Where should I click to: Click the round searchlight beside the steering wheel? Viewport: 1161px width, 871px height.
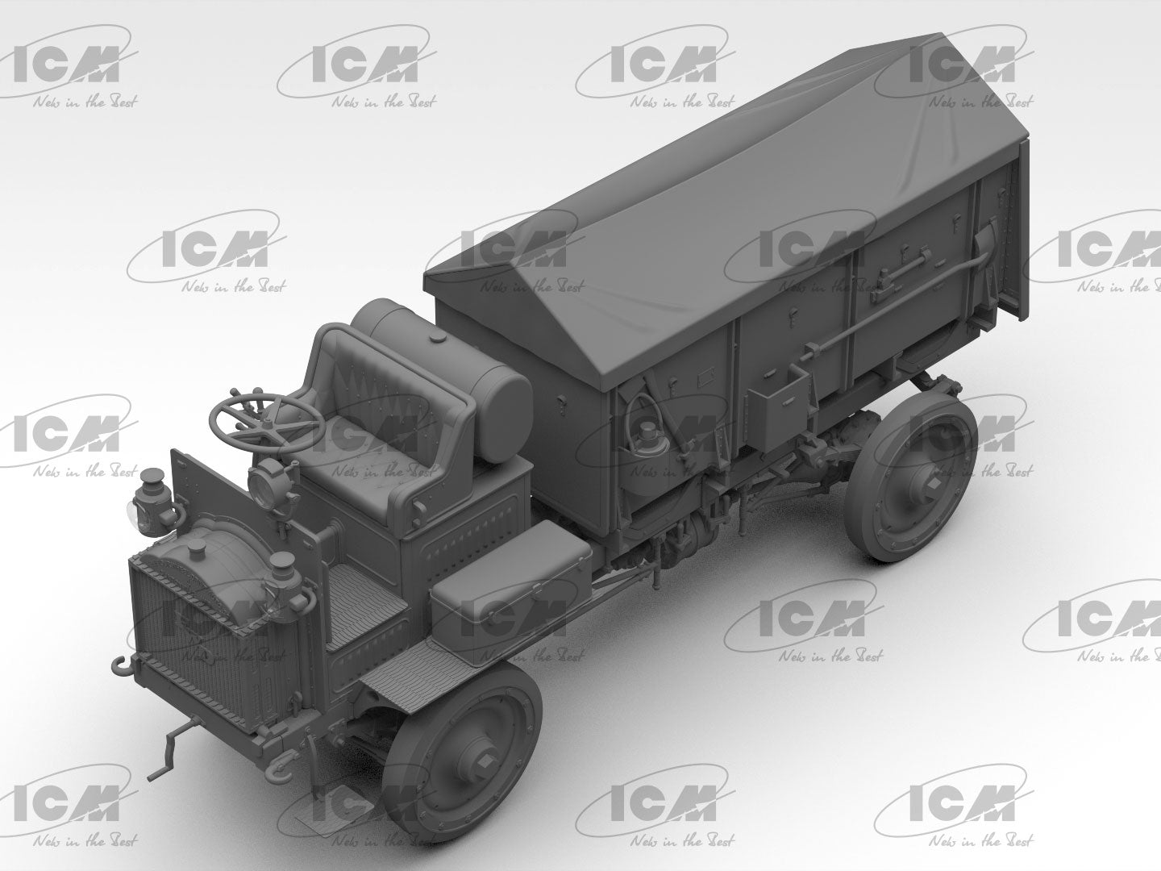coord(265,481)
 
